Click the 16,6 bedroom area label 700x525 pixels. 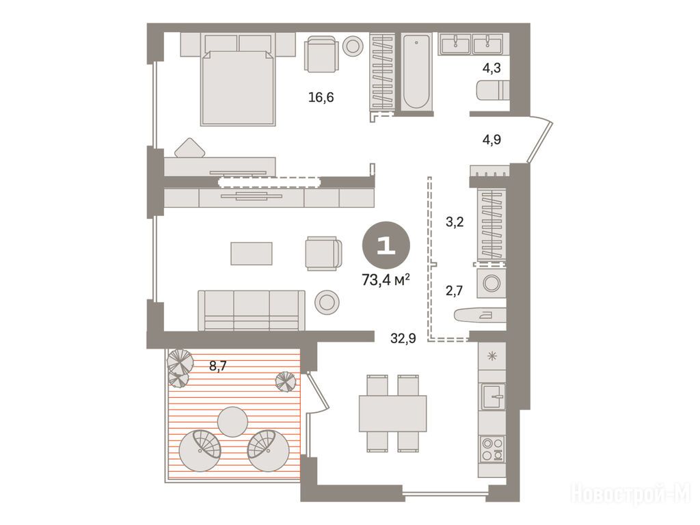(x=321, y=97)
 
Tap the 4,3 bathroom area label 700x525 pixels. (x=491, y=68)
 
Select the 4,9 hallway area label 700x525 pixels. (x=492, y=139)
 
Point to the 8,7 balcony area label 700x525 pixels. (x=218, y=366)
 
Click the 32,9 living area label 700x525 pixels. (x=403, y=338)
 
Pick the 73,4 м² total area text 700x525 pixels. (x=386, y=280)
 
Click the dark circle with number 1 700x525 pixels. (x=386, y=245)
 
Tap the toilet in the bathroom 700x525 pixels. (x=492, y=91)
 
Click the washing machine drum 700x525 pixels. (x=492, y=283)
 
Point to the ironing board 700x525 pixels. (x=479, y=314)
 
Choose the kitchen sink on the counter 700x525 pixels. (x=493, y=396)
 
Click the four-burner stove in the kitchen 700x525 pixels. (x=493, y=449)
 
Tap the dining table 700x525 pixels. (x=392, y=414)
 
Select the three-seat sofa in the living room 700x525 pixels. (x=252, y=311)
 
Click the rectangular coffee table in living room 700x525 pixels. (x=252, y=254)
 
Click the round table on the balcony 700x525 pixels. (x=232, y=422)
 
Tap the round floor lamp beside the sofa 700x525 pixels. (x=327, y=301)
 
